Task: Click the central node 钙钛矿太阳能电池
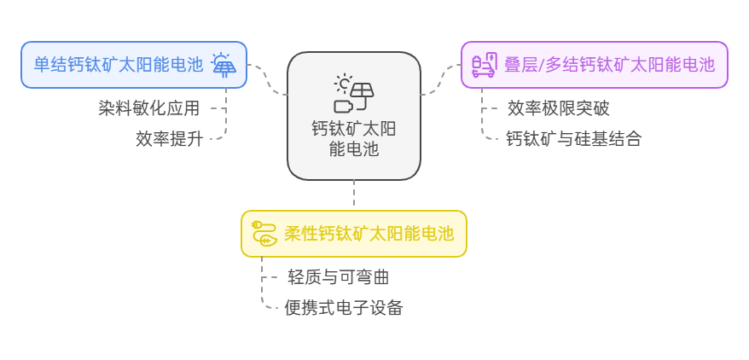tap(354, 116)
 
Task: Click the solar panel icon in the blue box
tap(224, 65)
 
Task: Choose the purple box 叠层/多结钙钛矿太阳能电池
tap(595, 65)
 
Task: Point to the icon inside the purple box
tap(485, 65)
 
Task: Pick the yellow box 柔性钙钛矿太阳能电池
tap(354, 234)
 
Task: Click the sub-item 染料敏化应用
tap(148, 108)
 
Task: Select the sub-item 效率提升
tap(169, 139)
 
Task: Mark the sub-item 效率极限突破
tap(558, 108)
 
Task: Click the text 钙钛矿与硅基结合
tap(573, 139)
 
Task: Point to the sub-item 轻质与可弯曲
tap(339, 277)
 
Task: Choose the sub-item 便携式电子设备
tap(344, 308)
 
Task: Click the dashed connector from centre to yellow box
tap(354, 195)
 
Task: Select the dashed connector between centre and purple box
tap(441, 78)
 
